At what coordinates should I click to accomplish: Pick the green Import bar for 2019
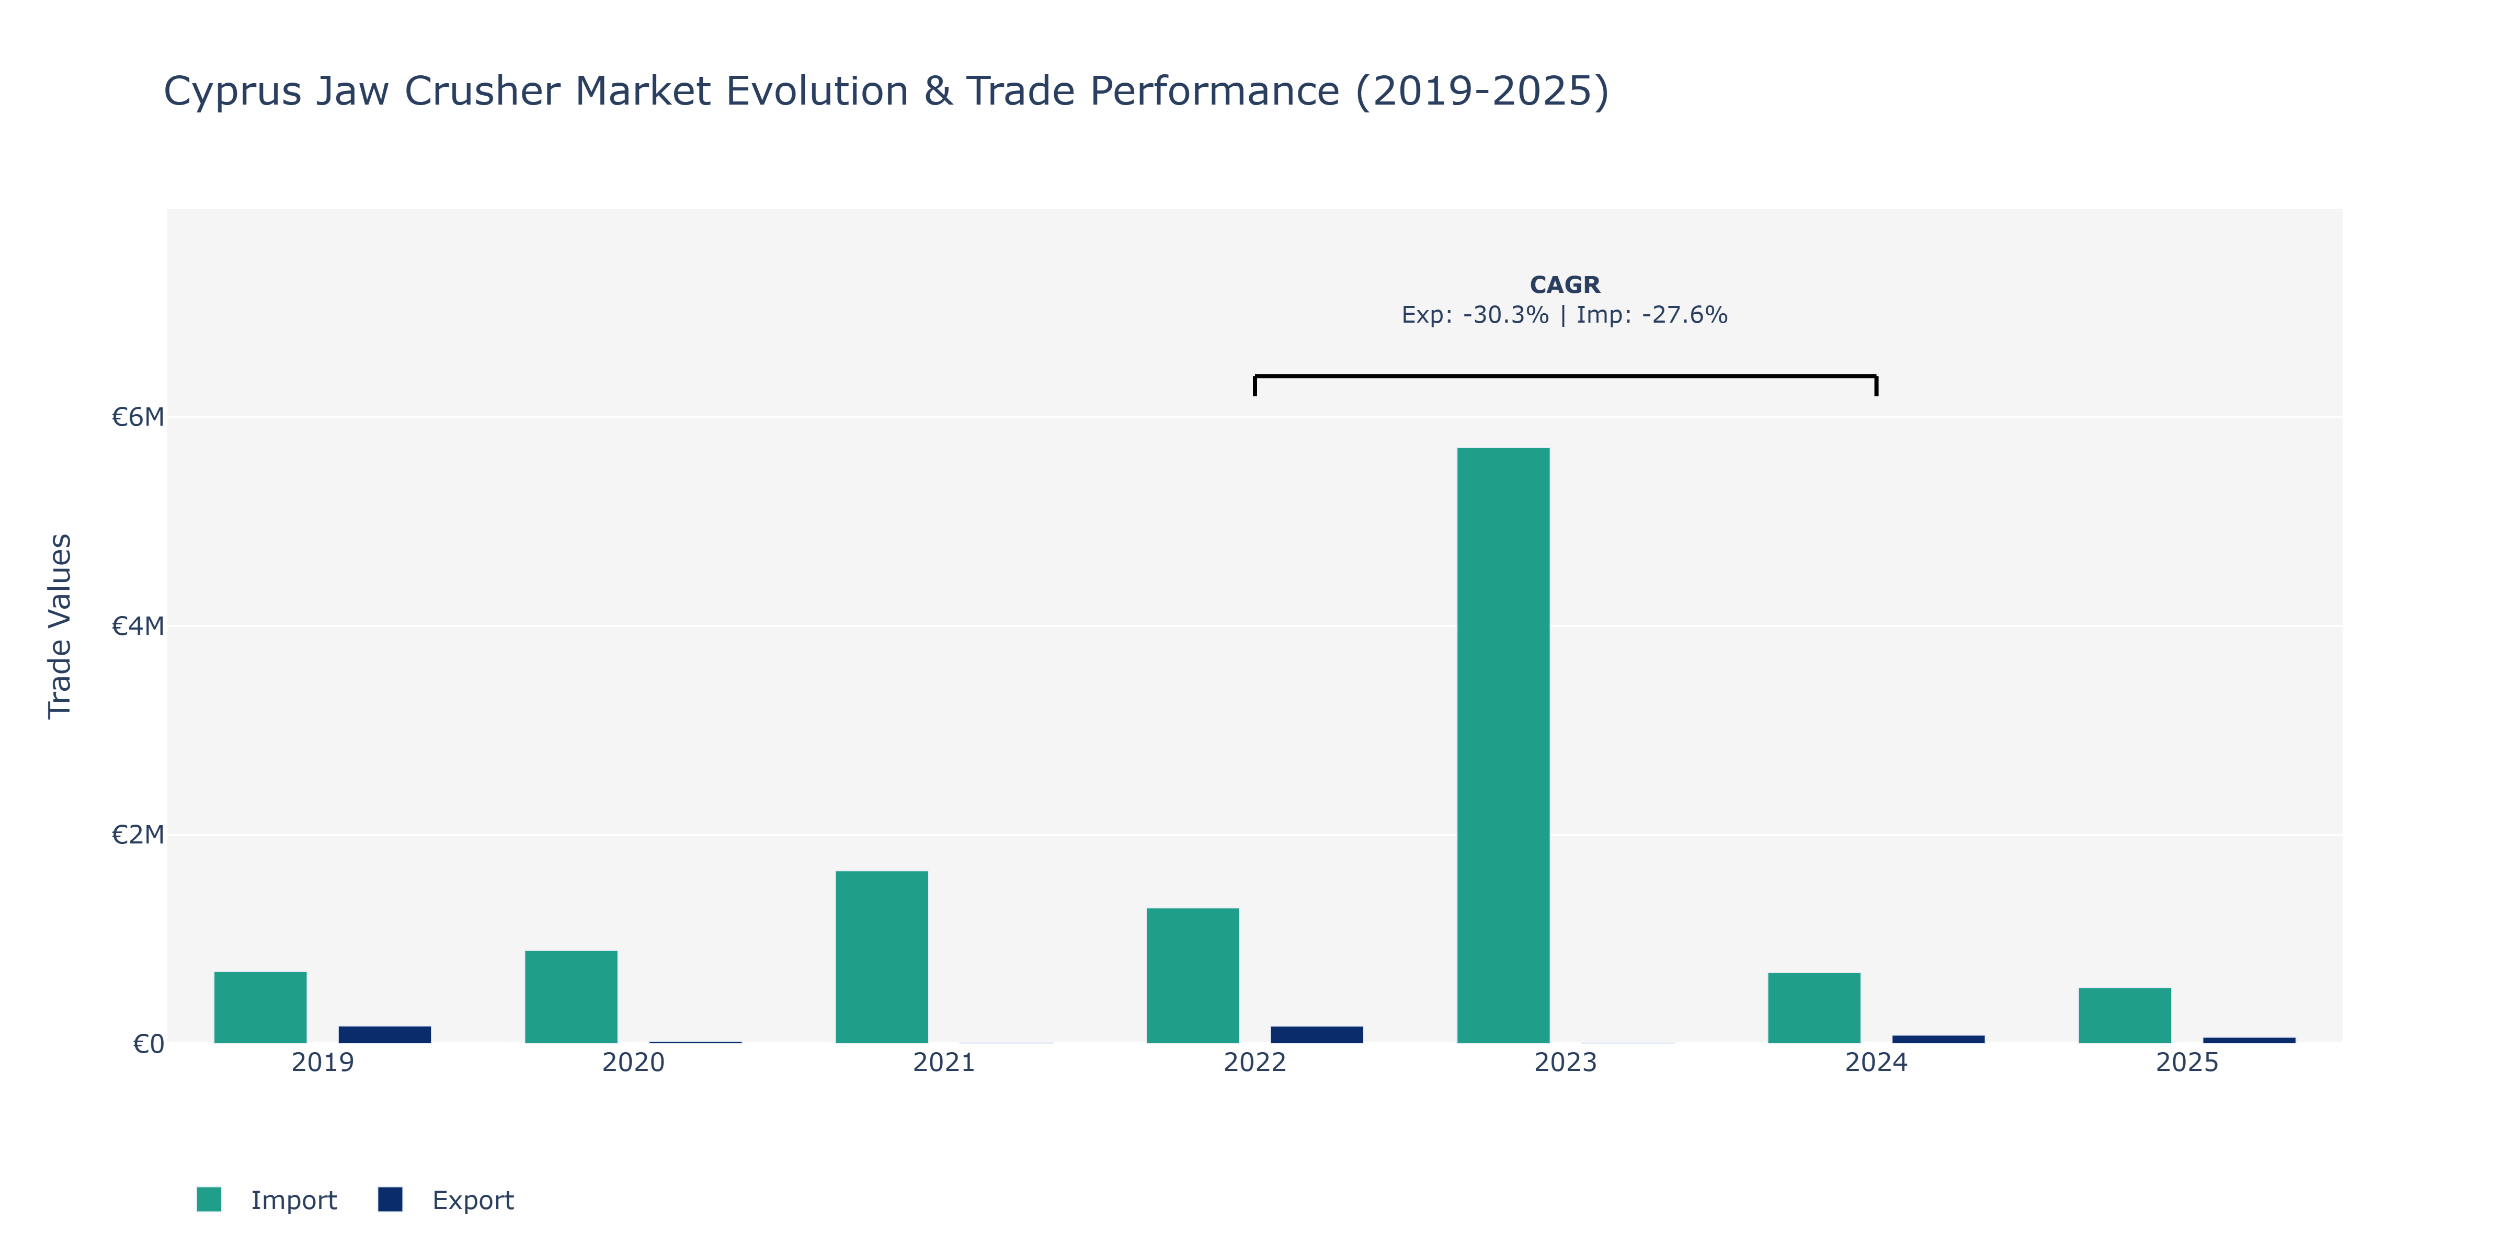click(260, 1008)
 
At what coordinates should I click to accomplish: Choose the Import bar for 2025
click(2125, 1016)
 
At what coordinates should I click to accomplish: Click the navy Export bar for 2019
click(385, 1035)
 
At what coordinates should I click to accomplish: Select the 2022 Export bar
click(1317, 1035)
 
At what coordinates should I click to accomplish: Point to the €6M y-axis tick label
click(138, 417)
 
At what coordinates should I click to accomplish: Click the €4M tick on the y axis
click(138, 625)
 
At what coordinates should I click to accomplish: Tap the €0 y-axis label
click(148, 1044)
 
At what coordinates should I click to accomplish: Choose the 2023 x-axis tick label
click(1565, 1062)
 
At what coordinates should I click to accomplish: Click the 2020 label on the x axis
click(633, 1062)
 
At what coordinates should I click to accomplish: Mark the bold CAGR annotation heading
click(1565, 284)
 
